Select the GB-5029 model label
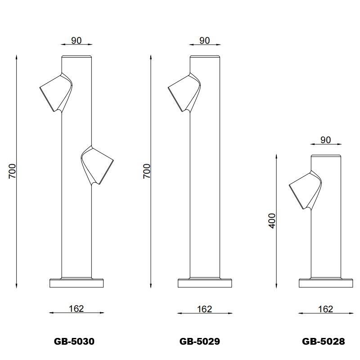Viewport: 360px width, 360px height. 199,342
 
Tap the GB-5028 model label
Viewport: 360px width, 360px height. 323,342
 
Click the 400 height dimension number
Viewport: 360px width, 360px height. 272,220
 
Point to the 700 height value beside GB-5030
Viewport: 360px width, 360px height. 13,171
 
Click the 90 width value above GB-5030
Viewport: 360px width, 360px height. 76,40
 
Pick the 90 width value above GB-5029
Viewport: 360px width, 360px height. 204,40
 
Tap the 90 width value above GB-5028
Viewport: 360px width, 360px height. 325,140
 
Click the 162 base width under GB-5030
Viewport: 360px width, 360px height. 76,309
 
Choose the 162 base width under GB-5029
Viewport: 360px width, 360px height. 204,309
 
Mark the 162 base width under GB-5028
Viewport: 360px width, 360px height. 325,309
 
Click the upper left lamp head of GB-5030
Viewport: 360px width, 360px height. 55,92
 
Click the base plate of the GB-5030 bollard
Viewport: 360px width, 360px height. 76,283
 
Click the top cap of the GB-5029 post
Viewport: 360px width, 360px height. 204,57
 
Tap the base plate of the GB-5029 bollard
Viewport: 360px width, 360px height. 204,283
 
